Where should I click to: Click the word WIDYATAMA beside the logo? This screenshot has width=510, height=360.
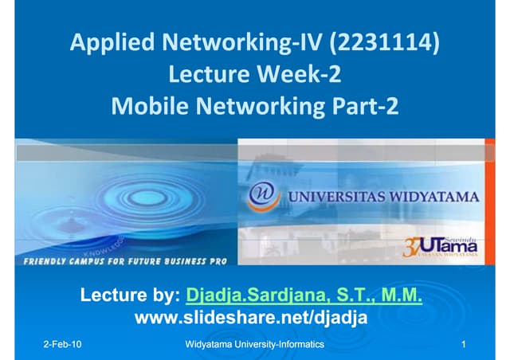(430, 196)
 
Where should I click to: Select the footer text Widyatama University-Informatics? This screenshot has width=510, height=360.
(254, 345)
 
